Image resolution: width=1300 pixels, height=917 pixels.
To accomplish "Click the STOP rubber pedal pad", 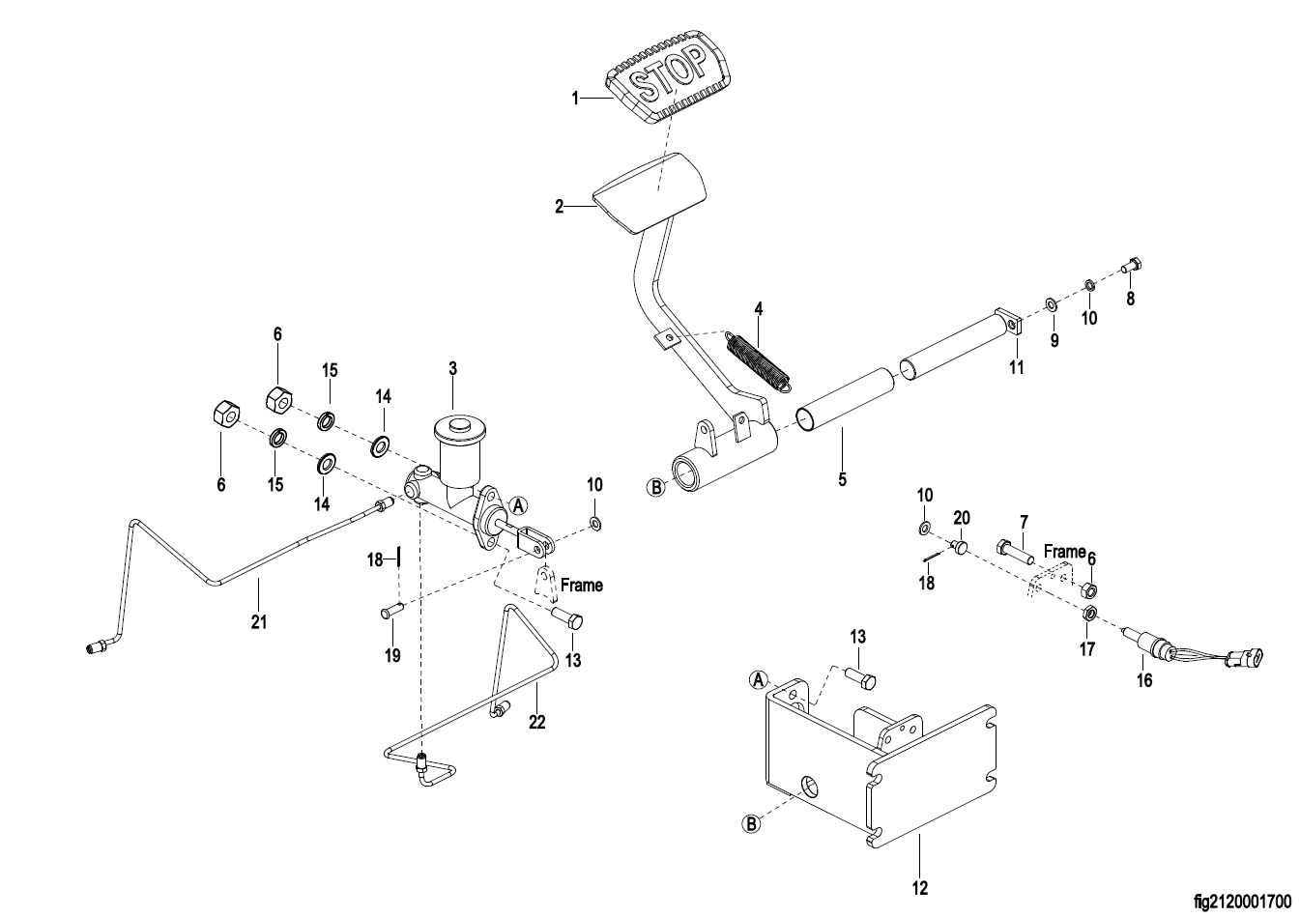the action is (668, 84).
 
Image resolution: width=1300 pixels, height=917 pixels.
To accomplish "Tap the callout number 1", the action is (575, 99).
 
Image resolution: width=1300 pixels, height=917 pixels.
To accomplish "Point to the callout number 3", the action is (452, 368).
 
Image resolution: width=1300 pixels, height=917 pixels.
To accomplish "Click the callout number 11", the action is (1016, 367).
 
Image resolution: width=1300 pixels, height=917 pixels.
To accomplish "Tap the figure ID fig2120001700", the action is (1243, 903).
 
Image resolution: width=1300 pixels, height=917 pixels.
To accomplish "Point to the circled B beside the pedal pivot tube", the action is (655, 488).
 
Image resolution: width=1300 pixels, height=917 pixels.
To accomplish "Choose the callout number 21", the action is (259, 622).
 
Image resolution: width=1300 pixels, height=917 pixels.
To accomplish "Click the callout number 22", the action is (537, 722).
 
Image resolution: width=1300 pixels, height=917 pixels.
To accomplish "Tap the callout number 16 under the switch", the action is (1143, 680).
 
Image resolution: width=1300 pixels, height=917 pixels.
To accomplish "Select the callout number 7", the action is (1024, 523).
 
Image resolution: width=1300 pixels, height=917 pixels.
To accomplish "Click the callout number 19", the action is (393, 656).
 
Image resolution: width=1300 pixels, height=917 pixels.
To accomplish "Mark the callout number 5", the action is (842, 480).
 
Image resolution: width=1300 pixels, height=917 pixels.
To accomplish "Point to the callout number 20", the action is (962, 518).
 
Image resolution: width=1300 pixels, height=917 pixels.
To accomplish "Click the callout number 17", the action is (1087, 649).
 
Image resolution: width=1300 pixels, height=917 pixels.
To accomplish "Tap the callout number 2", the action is (559, 207).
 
